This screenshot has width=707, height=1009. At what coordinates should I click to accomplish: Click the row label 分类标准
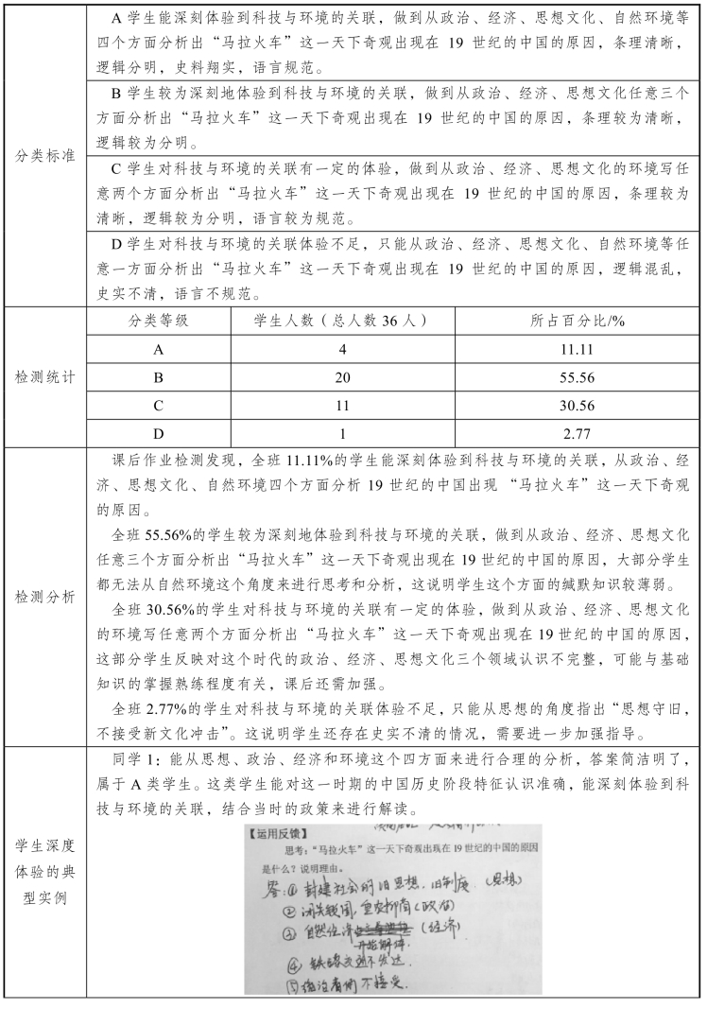[x=44, y=155]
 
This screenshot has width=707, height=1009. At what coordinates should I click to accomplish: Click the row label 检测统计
[x=44, y=376]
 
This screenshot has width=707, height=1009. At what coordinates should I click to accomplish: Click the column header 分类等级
[x=159, y=321]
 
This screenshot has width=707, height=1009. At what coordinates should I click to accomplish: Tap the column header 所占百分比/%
[x=578, y=321]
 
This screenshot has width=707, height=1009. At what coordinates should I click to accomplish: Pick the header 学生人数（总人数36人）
[x=342, y=321]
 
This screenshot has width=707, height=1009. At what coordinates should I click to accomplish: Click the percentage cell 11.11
[x=577, y=349]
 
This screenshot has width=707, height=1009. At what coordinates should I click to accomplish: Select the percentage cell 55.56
[x=577, y=377]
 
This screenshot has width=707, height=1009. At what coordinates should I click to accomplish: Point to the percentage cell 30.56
[x=577, y=406]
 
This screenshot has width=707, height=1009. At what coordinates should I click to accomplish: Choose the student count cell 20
[x=343, y=377]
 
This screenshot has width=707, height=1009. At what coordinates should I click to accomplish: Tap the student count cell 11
[x=343, y=406]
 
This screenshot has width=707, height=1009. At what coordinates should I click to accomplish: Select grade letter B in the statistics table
[x=159, y=377]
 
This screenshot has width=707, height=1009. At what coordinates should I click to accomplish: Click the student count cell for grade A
[x=343, y=349]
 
